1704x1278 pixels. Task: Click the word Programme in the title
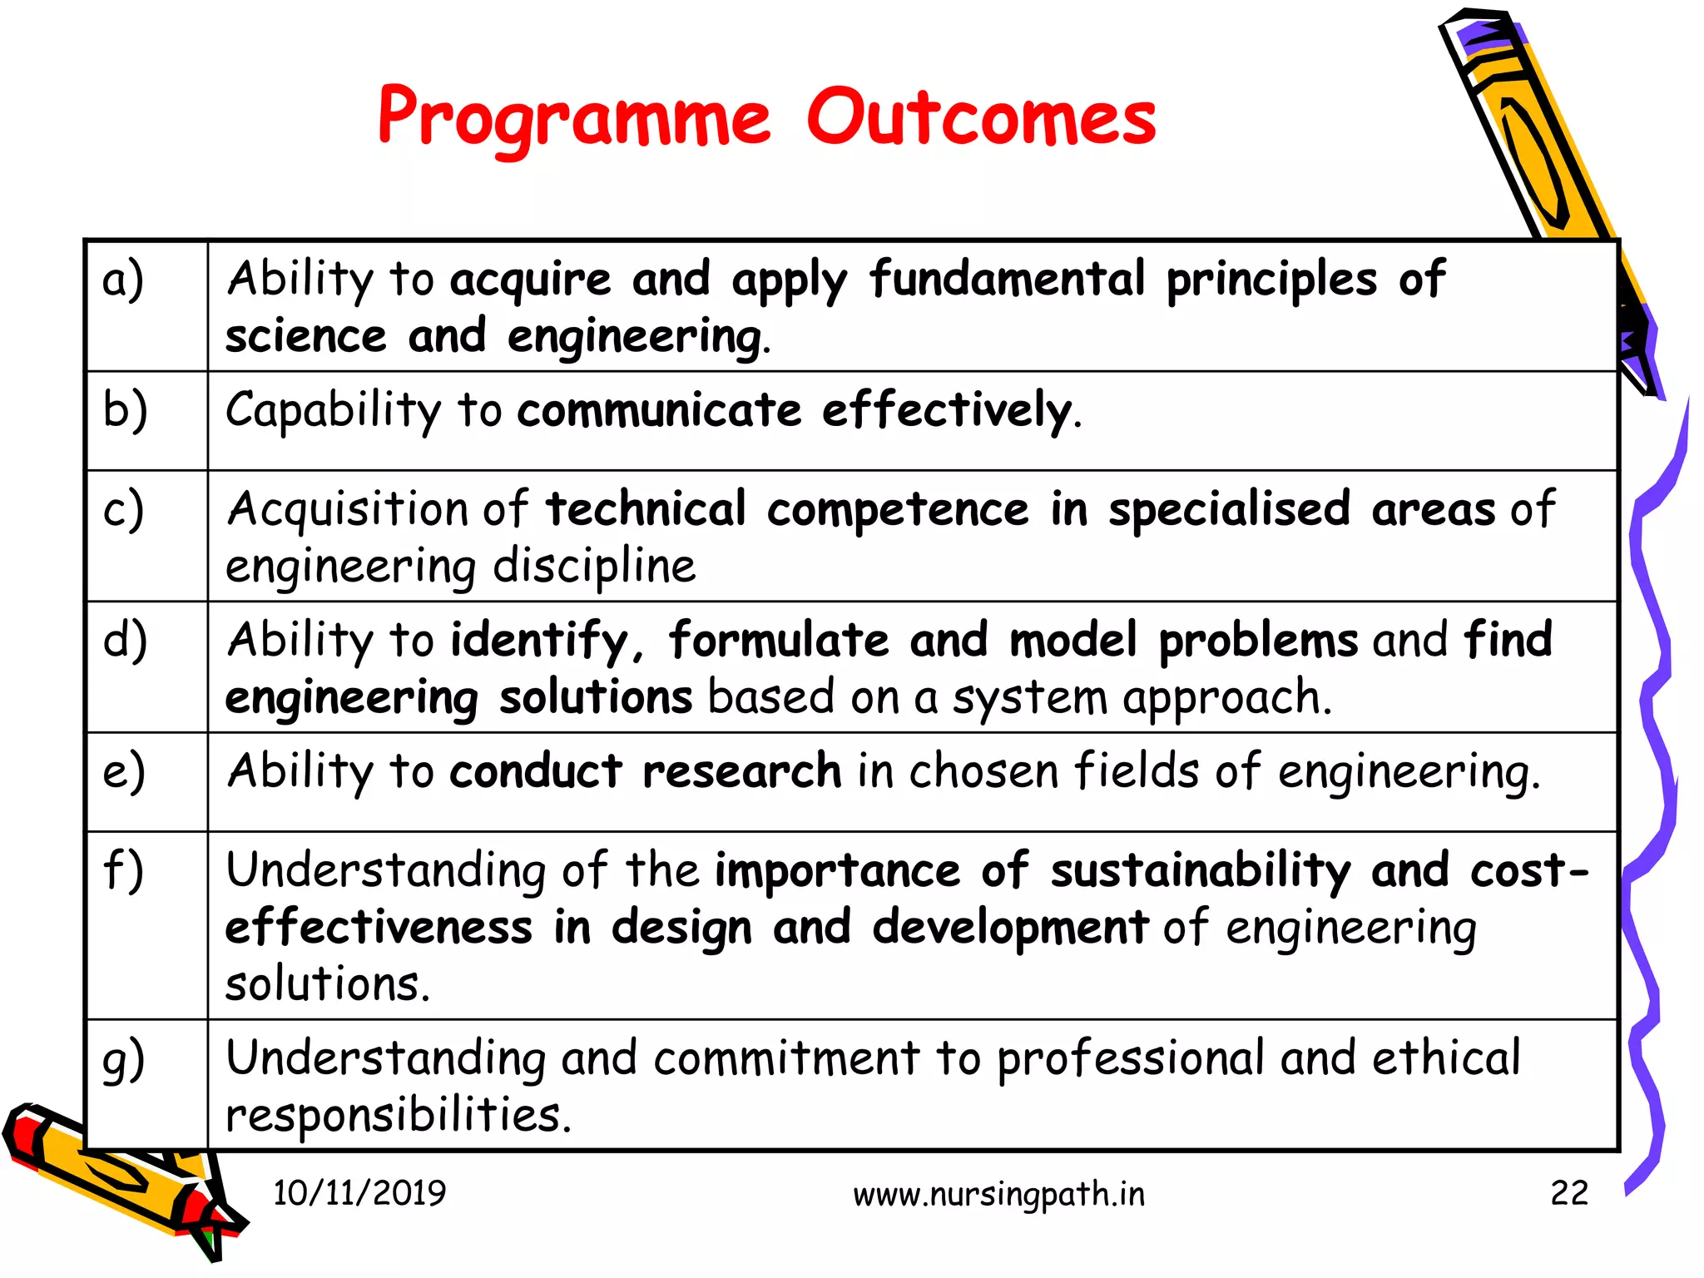[x=574, y=119]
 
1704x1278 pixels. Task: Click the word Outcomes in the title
[x=981, y=119]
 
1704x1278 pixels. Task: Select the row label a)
[x=123, y=279]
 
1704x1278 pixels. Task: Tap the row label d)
[x=125, y=640]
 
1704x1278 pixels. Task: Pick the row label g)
[x=123, y=1060]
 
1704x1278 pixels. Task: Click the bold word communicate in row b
[x=659, y=410]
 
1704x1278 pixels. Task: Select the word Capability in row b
[x=333, y=410]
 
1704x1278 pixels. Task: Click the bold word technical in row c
[x=646, y=509]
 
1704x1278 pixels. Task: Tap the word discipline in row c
[x=594, y=567]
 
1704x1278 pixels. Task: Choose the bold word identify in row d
[x=539, y=641]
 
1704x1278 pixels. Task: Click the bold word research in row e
[x=741, y=770]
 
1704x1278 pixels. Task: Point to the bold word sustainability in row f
[x=1200, y=870]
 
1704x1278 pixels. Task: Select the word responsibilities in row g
[x=398, y=1115]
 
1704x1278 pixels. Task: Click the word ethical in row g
[x=1445, y=1058]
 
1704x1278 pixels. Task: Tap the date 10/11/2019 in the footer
[x=359, y=1193]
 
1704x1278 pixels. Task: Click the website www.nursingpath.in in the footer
[x=998, y=1195]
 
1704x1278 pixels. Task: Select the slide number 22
[x=1568, y=1193]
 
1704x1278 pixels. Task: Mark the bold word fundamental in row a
[x=1007, y=279]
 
